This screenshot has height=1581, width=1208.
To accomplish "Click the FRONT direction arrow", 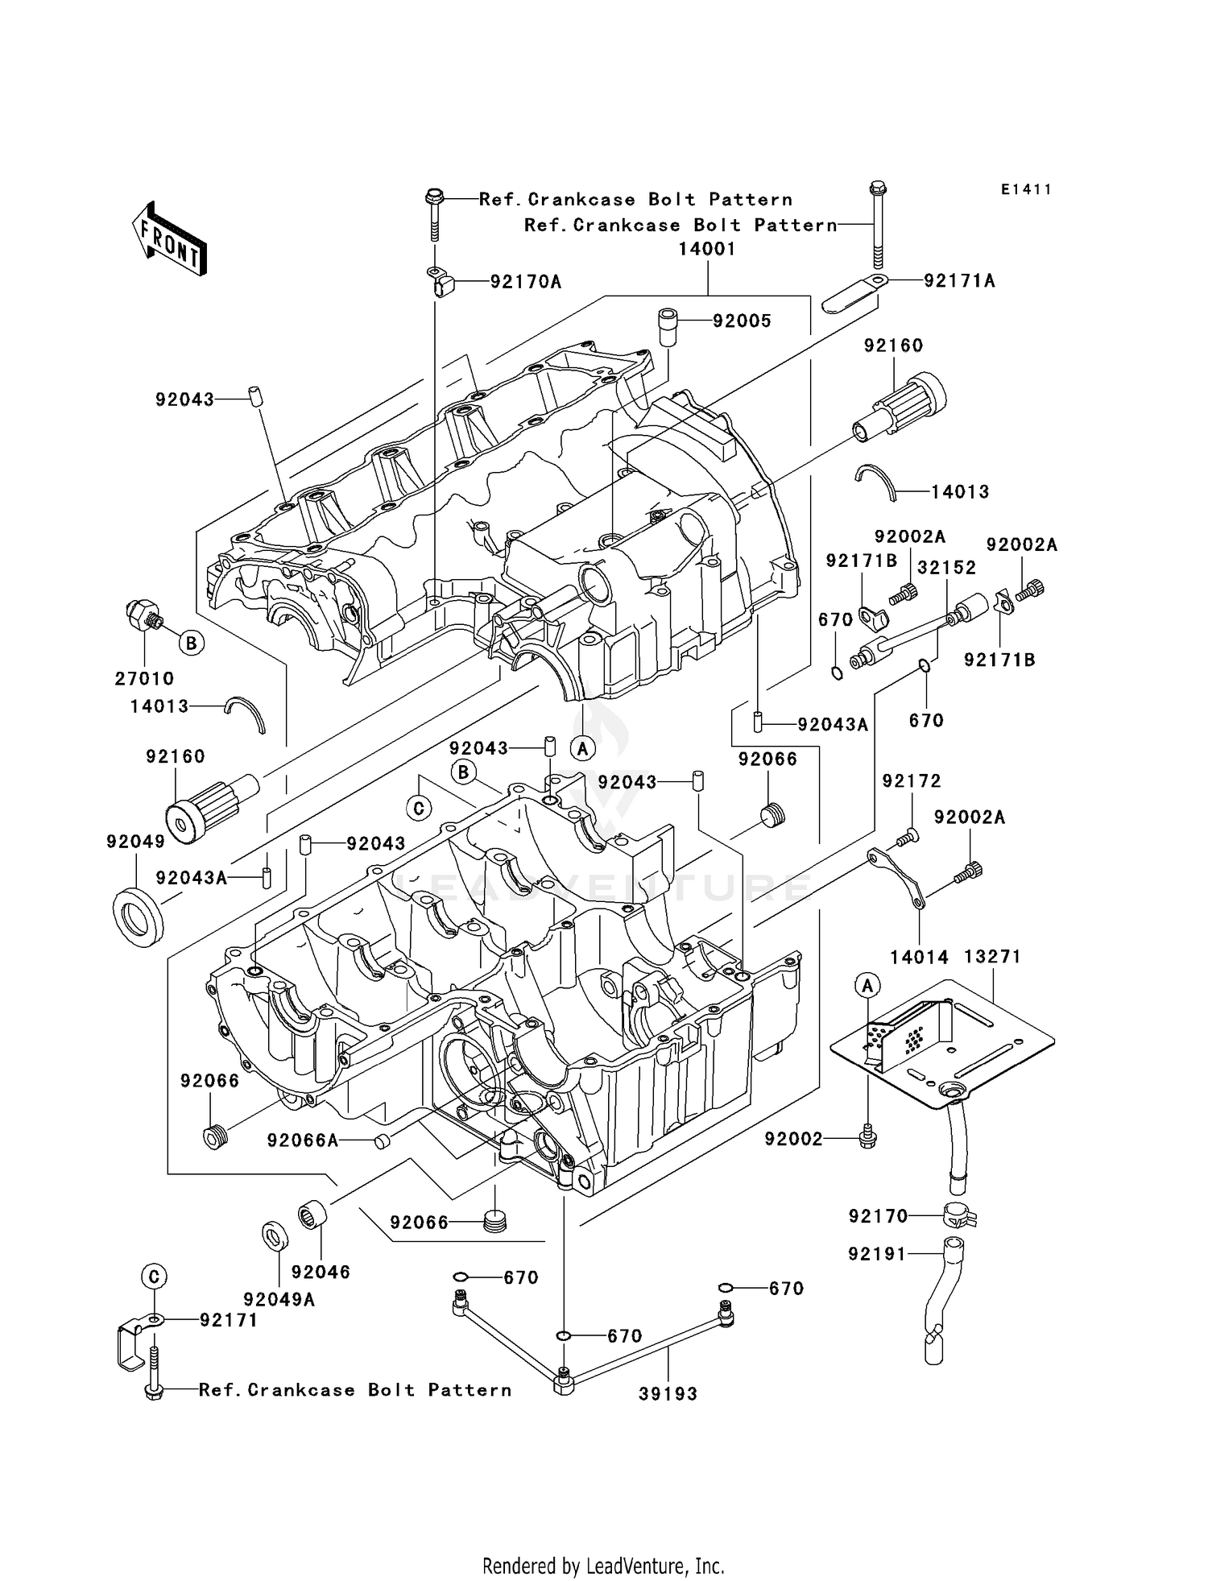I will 170,238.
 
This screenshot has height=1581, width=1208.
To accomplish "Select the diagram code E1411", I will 1026,190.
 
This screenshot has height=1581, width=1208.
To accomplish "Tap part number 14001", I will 706,250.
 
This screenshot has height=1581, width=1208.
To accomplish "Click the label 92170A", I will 525,282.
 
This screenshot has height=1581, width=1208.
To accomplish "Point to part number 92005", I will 742,321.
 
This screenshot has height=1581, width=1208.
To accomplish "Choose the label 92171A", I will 959,281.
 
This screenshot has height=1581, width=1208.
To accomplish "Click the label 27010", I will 144,678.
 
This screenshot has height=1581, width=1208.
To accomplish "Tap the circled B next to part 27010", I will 191,643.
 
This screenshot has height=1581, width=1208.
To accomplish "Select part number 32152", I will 946,568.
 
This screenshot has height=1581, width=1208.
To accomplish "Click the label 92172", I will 912,781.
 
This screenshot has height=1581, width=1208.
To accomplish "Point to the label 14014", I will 919,957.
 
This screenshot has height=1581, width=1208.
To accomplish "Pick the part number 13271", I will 992,957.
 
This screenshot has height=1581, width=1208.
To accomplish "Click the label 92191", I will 877,1254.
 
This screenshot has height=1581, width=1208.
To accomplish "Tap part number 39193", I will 668,1394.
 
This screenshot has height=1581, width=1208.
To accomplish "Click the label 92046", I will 321,1272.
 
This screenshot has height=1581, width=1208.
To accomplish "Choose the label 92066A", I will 303,1140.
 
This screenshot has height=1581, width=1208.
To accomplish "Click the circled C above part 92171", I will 155,1277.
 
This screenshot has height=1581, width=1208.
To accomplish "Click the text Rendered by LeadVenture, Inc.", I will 603,1565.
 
